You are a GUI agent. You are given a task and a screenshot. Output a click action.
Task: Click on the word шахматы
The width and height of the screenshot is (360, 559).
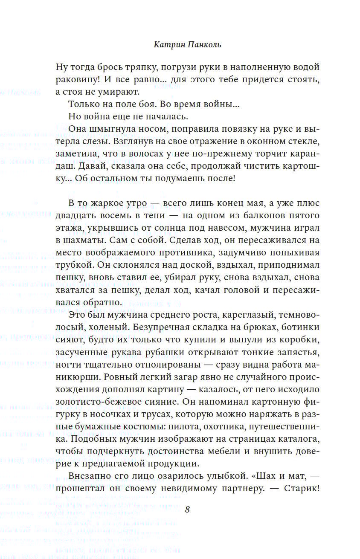click(81, 240)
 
